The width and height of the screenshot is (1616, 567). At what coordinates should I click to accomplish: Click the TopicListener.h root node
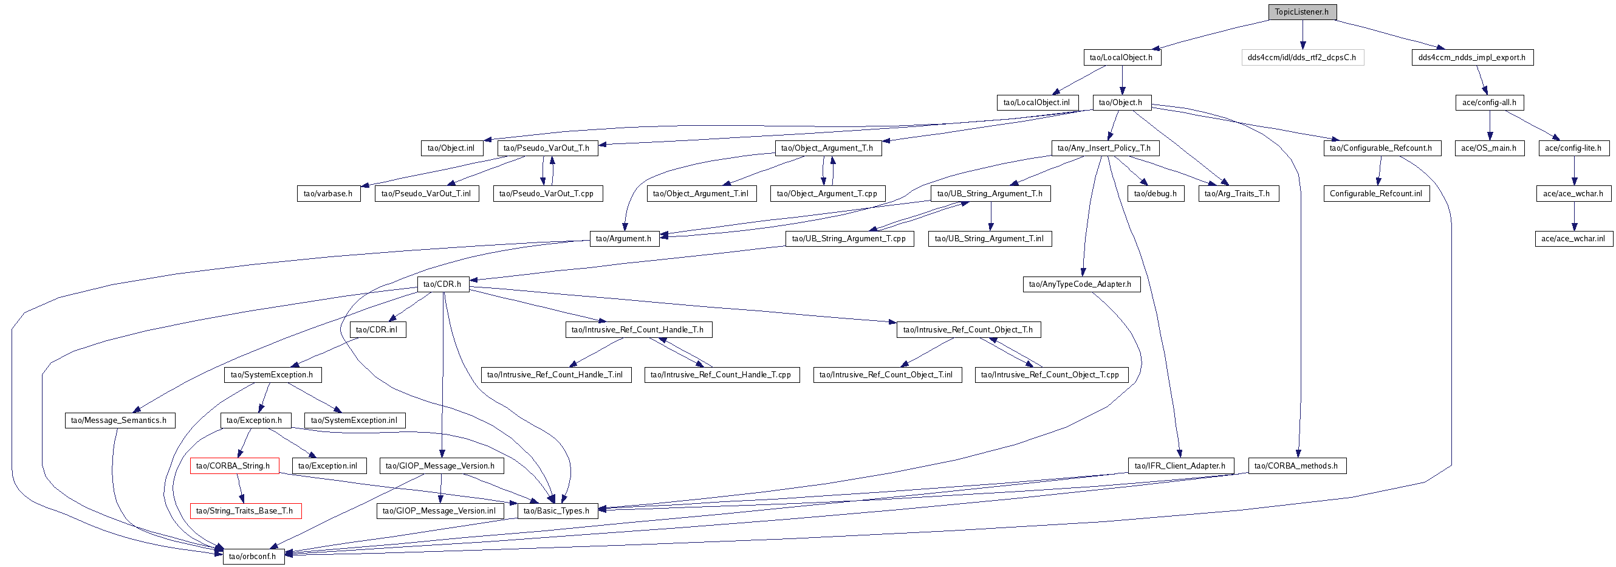click(x=1302, y=12)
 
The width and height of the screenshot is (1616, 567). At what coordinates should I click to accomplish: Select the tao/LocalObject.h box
click(x=1121, y=57)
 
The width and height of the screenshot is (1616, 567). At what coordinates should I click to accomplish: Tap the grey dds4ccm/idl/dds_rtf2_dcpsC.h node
click(x=1303, y=57)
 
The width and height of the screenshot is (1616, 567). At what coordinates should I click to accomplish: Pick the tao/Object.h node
click(x=1121, y=102)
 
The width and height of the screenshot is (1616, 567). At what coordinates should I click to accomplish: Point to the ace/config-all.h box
click(x=1489, y=102)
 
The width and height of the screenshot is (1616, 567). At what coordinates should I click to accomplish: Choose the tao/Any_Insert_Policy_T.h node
click(x=1104, y=148)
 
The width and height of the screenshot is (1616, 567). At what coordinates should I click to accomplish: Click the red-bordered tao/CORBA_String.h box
click(x=234, y=466)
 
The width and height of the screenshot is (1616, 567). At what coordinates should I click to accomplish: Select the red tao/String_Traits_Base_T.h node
click(x=245, y=510)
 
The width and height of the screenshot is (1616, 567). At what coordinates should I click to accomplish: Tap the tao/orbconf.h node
click(x=253, y=555)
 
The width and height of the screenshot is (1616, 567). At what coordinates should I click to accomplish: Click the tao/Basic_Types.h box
click(x=557, y=510)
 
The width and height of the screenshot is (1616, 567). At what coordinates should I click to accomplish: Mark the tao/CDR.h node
click(x=443, y=284)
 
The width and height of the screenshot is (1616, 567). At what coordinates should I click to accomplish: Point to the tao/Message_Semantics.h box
click(x=119, y=420)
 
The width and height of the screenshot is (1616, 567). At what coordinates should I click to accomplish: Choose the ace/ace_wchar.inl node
click(x=1573, y=239)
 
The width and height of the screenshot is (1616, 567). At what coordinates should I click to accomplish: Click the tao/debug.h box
click(x=1156, y=193)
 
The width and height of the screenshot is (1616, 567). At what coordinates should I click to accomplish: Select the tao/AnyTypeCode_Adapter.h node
click(x=1081, y=284)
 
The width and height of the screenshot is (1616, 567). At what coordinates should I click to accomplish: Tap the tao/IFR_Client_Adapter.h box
click(x=1180, y=466)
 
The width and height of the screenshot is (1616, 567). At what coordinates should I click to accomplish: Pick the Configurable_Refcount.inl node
click(x=1377, y=193)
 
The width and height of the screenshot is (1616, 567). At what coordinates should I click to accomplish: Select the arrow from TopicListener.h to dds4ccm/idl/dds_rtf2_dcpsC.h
click(x=1303, y=35)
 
